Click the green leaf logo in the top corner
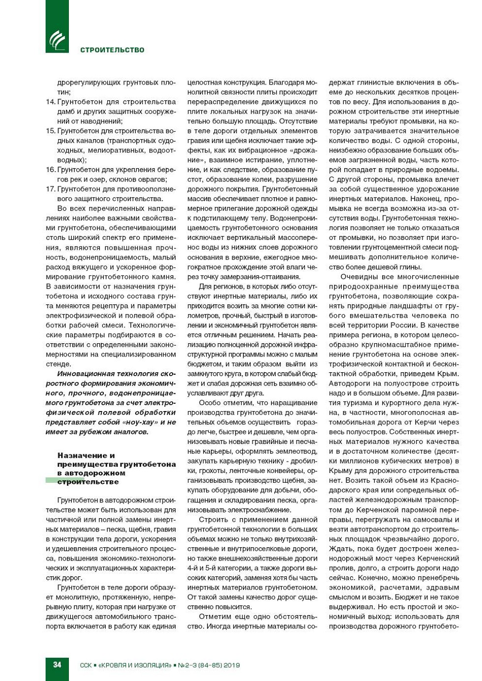coord(57,40)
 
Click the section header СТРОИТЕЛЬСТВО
coord(112,50)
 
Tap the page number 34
coord(57,664)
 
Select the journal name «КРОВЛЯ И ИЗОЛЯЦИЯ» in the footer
coord(135,665)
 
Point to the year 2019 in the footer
coord(231,665)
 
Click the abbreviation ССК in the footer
coord(86,665)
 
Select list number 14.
coord(50,102)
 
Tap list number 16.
coord(50,170)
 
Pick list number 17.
coord(50,189)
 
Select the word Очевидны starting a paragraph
coord(358,277)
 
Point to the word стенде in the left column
coord(58,364)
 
